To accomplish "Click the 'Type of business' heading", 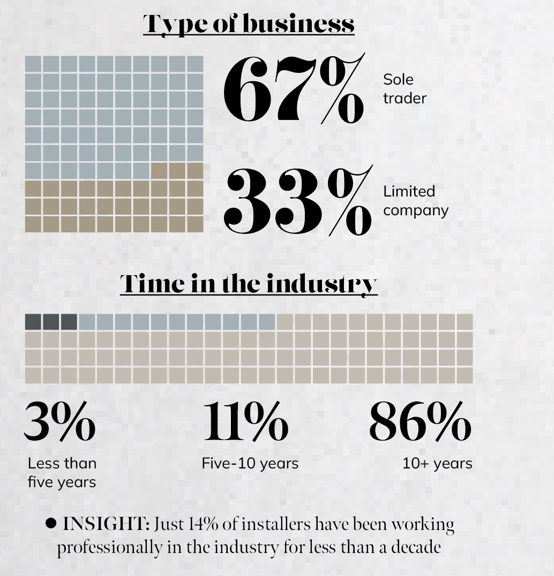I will tap(249, 24).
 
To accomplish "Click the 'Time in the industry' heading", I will tap(249, 283).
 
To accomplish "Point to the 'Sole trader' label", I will tap(405, 89).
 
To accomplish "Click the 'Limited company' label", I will tap(415, 201).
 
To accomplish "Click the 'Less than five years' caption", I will tap(62, 472).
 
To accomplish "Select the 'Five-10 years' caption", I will tap(250, 463).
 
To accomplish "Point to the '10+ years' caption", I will tap(437, 463).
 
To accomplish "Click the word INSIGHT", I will tap(106, 524).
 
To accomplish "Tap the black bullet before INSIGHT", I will tap(51, 523).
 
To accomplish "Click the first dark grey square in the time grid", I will tap(33, 322).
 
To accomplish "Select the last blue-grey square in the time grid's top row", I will tap(266, 322).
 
